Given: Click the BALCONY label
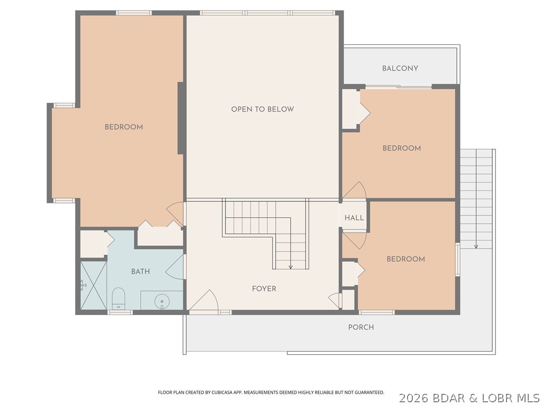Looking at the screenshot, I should pos(400,68).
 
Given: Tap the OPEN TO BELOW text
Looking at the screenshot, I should pos(263,109).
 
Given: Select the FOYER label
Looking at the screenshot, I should pos(264,289).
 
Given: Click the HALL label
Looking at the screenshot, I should pos(354,218).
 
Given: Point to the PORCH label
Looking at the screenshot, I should pos(361,327).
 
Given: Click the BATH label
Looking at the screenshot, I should pos(140,271).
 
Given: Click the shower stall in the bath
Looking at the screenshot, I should pos(93,285).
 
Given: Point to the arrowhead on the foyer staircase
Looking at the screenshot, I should pos(291,266).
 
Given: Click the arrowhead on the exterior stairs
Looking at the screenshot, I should pos(476,246).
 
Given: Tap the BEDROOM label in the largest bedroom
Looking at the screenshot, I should pos(123,127).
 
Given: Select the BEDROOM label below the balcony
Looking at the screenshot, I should pos(402,149).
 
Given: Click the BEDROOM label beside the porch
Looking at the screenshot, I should pos(405,259).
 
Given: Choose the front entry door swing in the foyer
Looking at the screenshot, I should pos(205,301).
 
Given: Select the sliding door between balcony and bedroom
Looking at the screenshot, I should pos(398,87).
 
